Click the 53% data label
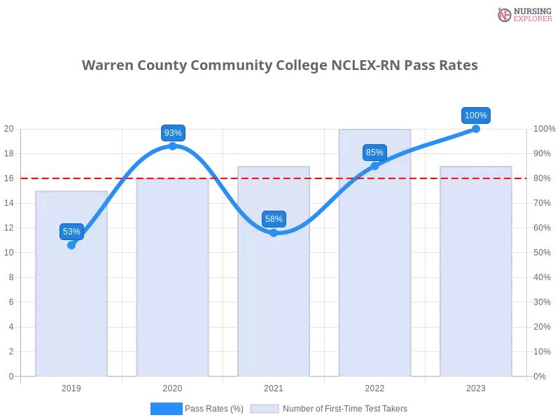point(71,232)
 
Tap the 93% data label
point(172,133)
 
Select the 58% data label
point(274,219)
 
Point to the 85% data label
point(374,152)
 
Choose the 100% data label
point(476,115)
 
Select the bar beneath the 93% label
point(173,280)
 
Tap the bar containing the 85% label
point(375,280)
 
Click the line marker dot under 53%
point(71,245)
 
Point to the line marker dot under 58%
point(274,232)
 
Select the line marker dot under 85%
point(374,166)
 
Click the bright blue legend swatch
point(166,408)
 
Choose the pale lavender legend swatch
point(265,408)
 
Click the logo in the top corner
point(522,14)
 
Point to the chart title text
point(280,66)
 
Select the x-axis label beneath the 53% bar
point(72,386)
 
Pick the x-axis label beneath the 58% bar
point(274,386)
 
